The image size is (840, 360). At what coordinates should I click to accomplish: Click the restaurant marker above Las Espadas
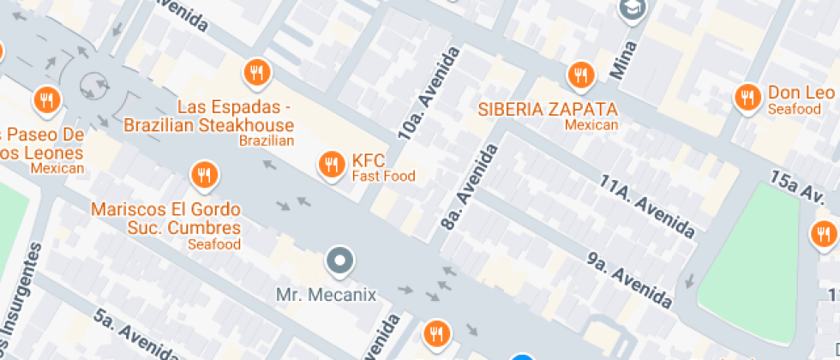click(x=256, y=74)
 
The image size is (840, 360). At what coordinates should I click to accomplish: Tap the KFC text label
click(x=369, y=160)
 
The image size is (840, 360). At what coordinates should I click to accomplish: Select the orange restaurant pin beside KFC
click(x=331, y=165)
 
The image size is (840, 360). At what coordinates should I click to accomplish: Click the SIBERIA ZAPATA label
click(x=548, y=110)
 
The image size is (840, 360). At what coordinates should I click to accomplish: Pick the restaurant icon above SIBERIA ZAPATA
click(x=581, y=74)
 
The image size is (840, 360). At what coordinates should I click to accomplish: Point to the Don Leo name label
click(x=801, y=93)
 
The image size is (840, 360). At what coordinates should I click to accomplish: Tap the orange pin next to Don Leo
click(x=747, y=97)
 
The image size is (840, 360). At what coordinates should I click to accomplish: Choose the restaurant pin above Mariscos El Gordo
click(x=203, y=176)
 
